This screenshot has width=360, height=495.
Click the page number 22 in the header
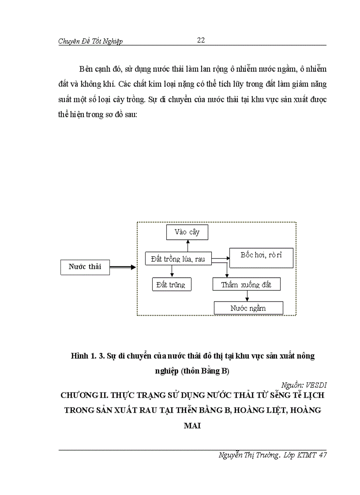(x=200, y=40)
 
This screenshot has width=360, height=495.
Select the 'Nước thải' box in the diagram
(x=85, y=267)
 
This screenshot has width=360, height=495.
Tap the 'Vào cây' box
(x=187, y=232)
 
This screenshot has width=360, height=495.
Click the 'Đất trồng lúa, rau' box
(x=178, y=259)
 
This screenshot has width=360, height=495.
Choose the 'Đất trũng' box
(x=171, y=285)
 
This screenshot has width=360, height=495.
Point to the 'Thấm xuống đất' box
(x=246, y=285)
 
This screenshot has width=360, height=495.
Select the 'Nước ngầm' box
(x=248, y=308)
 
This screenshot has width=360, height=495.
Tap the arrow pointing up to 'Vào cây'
(x=187, y=246)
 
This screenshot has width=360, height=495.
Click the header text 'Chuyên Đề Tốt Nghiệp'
(x=90, y=41)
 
